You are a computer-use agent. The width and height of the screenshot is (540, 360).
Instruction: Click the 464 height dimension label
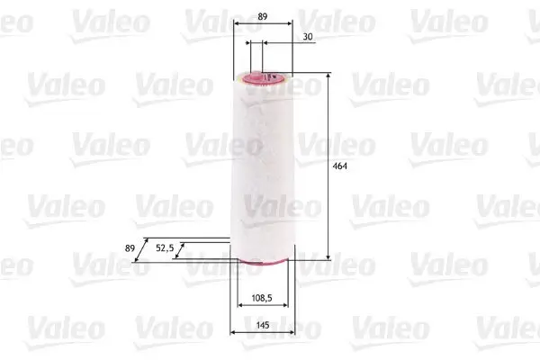coord(340,166)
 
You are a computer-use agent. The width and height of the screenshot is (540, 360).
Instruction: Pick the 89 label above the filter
coord(261,15)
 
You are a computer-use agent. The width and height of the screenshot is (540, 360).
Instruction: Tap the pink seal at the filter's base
coord(262,262)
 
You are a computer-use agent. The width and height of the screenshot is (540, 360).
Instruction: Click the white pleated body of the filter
coord(262,171)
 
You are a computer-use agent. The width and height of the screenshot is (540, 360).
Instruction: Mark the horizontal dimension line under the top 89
coord(262,26)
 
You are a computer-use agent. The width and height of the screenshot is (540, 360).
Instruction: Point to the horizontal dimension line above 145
coord(263,332)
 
